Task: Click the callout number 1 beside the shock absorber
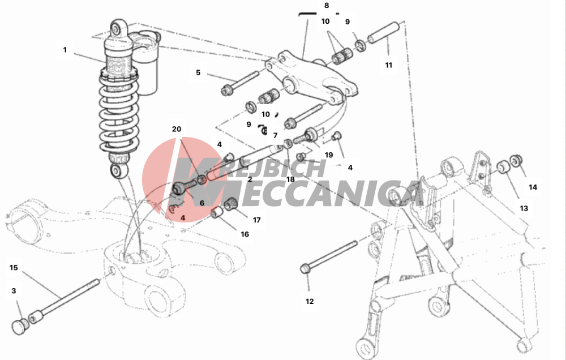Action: (x=65, y=50)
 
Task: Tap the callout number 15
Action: (x=14, y=268)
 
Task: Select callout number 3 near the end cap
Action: (x=14, y=291)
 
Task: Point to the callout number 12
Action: (x=310, y=302)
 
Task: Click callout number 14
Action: (x=533, y=187)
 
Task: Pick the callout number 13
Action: (x=524, y=208)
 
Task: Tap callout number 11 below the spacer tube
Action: (x=388, y=65)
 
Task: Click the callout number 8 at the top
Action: (x=327, y=6)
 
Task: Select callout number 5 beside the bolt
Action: (x=198, y=72)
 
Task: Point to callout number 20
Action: (x=177, y=129)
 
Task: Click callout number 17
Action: (x=256, y=220)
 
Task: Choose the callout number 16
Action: (x=245, y=234)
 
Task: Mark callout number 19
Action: (x=328, y=155)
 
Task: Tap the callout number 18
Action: (x=290, y=179)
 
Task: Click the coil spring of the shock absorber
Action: (x=119, y=112)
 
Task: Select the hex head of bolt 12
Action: (x=305, y=269)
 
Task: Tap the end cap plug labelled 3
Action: (x=18, y=327)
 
